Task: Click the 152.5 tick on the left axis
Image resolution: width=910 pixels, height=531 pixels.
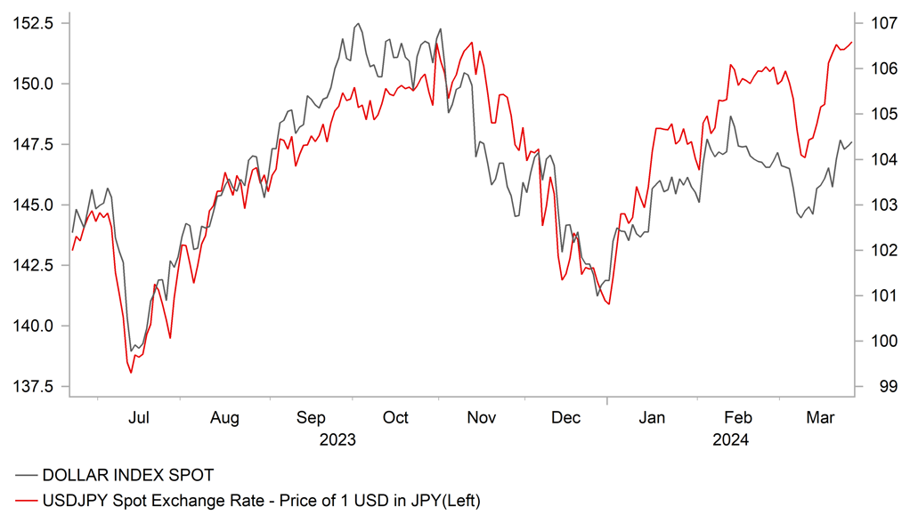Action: click(29, 23)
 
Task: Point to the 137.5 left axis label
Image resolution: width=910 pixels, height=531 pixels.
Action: click(29, 386)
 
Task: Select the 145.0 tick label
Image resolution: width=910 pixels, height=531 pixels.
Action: click(29, 205)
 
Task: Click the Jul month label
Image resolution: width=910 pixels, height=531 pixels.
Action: click(139, 417)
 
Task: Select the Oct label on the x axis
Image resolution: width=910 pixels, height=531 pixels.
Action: click(395, 417)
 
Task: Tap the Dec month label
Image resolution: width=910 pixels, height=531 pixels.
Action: click(566, 417)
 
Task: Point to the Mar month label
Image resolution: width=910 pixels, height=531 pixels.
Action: click(820, 417)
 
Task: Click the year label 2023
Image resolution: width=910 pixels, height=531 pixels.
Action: click(339, 439)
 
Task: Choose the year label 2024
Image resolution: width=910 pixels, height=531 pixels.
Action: click(731, 439)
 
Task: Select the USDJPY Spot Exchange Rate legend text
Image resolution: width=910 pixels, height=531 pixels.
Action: click(261, 502)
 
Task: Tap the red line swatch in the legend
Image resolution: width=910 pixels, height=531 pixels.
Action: click(25, 502)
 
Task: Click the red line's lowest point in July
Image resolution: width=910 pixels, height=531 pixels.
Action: click(131, 373)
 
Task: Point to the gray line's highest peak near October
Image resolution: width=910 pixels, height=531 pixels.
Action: click(358, 24)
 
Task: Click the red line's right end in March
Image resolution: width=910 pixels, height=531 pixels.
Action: click(851, 42)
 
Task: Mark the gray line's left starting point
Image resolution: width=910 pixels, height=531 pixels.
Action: click(72, 232)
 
